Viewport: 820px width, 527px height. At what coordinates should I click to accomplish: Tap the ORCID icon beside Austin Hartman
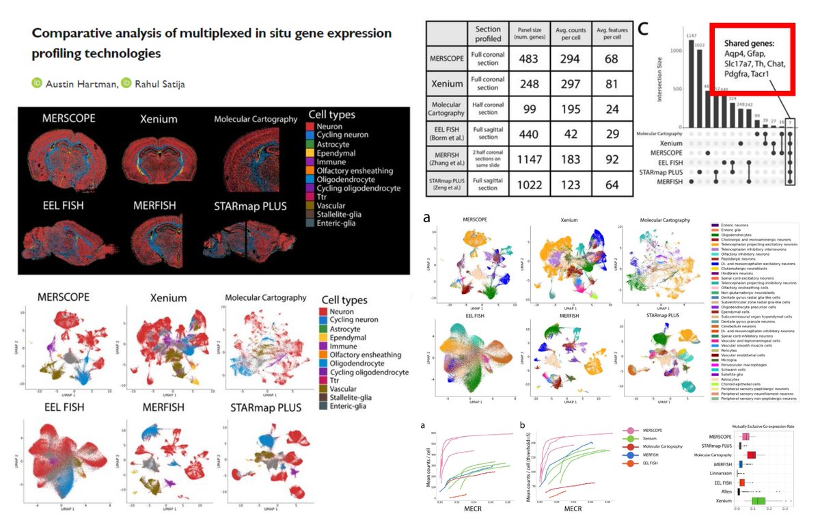point(37,83)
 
